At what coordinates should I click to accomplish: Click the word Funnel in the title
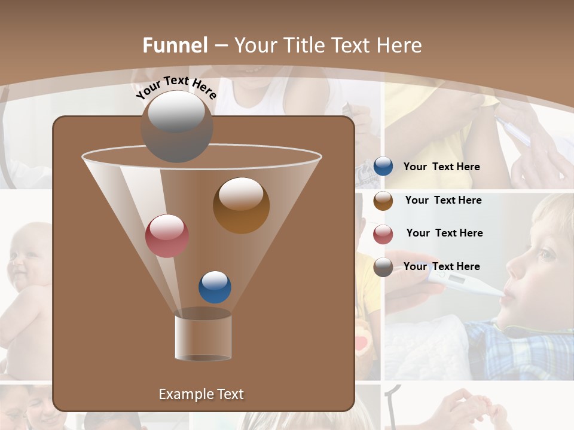coord(175,45)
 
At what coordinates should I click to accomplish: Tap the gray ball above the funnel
coord(176,127)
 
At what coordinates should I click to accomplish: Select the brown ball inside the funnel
coord(241,205)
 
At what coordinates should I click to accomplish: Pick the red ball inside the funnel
coord(167,235)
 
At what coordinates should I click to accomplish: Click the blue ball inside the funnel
coord(215,287)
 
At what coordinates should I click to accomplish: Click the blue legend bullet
coord(383,167)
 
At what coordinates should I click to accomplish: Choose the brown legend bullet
coord(383,201)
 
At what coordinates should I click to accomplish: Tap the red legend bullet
coord(383,234)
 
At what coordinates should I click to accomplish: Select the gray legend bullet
coord(383,267)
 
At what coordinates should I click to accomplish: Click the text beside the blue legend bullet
coord(441,167)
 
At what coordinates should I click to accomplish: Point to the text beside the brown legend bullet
coord(443,200)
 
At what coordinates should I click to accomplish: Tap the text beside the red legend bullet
coord(444,233)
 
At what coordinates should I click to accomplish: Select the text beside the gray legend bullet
coord(441,266)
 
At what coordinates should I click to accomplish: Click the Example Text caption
coord(201,394)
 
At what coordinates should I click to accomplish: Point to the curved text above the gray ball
coord(176,87)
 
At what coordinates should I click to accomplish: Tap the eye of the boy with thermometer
coord(546,255)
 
